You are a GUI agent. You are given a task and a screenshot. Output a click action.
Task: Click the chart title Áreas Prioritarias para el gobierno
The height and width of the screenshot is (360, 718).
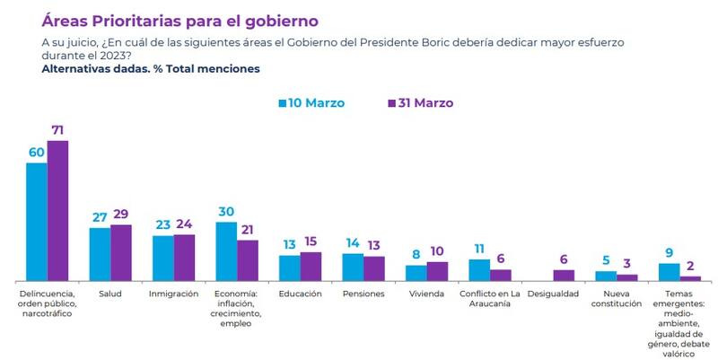point(179,20)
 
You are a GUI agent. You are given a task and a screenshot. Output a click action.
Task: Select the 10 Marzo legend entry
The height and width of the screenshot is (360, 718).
point(311,102)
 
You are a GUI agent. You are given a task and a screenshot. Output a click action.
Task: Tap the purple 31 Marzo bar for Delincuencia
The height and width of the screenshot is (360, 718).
point(57,211)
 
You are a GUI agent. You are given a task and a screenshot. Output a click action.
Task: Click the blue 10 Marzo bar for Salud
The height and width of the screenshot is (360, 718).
point(100,255)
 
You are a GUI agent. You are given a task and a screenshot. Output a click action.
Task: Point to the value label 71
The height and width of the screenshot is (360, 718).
point(59,131)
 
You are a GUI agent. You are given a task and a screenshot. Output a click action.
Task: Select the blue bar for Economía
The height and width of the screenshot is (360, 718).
point(226,251)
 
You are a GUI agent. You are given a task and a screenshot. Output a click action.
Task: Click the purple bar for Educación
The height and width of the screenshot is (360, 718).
point(311,267)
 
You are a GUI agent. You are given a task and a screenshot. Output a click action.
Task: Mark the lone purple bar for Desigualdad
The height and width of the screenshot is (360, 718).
point(564,276)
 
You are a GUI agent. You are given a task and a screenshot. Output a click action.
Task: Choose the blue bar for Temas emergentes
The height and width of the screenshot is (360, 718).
point(669,272)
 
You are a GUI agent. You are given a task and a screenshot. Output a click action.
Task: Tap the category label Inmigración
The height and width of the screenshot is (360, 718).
point(173,294)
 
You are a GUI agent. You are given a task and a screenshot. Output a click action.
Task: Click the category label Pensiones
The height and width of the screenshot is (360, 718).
point(363,294)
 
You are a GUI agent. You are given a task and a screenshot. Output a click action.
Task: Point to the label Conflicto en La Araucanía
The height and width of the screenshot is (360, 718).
point(490,299)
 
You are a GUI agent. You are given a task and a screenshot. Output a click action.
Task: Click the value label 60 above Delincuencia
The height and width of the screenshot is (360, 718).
point(37,153)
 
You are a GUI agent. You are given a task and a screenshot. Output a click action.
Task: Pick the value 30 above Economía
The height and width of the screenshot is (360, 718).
point(226,212)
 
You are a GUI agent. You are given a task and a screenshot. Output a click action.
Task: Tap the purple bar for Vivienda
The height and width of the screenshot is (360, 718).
point(437,271)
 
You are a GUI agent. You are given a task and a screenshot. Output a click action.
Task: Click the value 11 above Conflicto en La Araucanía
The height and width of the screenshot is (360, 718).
point(478,249)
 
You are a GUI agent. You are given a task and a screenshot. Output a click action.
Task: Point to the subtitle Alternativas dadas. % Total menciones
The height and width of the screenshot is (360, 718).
point(151,68)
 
